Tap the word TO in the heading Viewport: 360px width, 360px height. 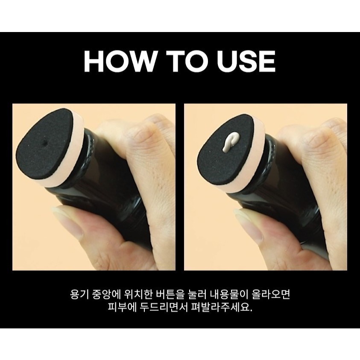184,61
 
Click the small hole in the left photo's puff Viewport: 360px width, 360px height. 44,143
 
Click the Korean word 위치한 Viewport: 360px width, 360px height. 138,295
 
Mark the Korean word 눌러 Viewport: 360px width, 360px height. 197,295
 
